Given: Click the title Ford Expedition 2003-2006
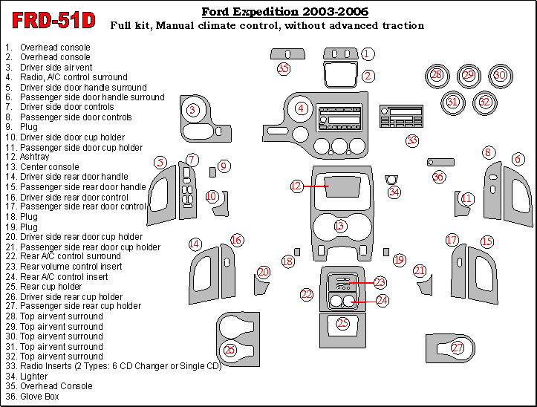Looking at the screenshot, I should click(284, 12).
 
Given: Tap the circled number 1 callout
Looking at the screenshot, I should click(368, 53).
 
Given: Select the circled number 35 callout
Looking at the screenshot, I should click(283, 69).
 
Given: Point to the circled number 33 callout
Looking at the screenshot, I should click(411, 140).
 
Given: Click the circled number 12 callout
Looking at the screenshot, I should click(297, 186).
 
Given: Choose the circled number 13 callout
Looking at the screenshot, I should click(340, 225).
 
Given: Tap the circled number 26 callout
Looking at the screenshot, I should click(230, 349).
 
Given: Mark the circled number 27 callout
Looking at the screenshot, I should click(458, 348).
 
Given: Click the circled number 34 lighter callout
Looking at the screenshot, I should click(394, 192).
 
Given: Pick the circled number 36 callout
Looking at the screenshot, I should click(438, 177).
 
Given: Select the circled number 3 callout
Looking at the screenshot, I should click(193, 111).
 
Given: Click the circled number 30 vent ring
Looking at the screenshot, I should click(500, 75).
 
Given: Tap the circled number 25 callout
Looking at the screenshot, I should click(342, 323).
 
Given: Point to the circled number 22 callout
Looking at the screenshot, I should click(307, 295).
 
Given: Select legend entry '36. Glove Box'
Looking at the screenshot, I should click(38, 397).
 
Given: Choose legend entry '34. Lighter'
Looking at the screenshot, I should click(34, 377).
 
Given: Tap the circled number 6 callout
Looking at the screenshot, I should click(517, 159).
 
